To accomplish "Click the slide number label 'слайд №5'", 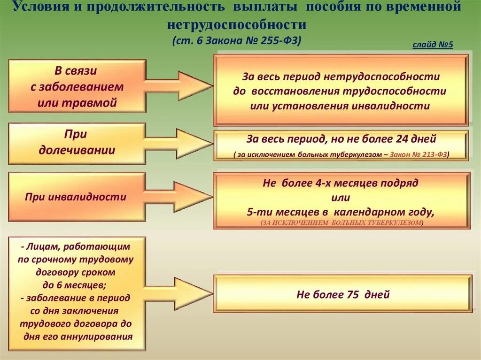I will [433, 45].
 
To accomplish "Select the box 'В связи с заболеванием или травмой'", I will [77, 86].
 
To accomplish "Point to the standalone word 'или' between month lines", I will [341, 197].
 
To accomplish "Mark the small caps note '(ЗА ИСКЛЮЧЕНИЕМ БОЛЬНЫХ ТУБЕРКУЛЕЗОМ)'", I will [341, 223].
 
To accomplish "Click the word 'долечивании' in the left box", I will [77, 150].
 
